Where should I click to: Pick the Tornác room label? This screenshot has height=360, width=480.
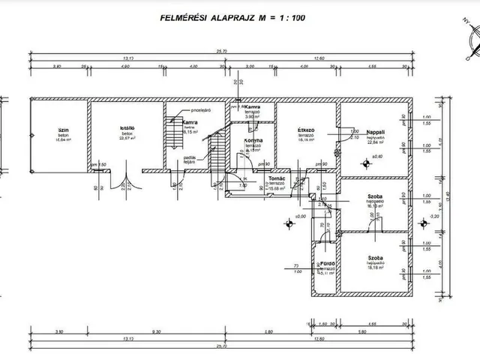[x=276, y=178]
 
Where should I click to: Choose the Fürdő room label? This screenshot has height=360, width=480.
[x=327, y=265]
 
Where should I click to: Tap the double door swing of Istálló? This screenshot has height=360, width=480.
[x=126, y=188]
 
